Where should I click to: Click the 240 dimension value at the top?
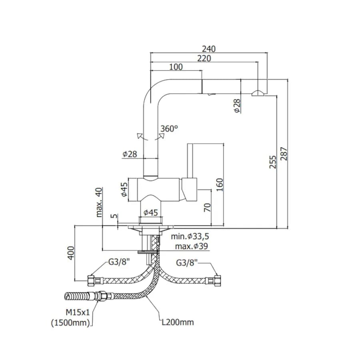[x=209, y=49]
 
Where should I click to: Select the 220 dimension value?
[x=204, y=58]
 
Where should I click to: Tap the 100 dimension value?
[x=176, y=67]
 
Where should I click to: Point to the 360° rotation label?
[x=169, y=128]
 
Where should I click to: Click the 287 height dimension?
[x=284, y=154]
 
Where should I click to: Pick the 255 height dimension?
[x=273, y=162]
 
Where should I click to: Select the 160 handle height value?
[x=220, y=185]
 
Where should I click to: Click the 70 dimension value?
[x=207, y=207]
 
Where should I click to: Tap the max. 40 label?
[x=99, y=202]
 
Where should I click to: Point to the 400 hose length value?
[x=71, y=253]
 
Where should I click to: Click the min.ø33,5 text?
[x=190, y=236]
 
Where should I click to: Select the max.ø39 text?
[x=192, y=246]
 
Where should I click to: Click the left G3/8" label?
[x=119, y=262]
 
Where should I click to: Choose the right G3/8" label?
[x=187, y=262]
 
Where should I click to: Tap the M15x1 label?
[x=78, y=312]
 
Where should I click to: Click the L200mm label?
[x=178, y=322]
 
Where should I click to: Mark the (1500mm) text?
[x=70, y=323]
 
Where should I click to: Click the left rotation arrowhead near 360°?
[x=139, y=136]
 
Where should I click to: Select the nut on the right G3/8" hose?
[x=217, y=280]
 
